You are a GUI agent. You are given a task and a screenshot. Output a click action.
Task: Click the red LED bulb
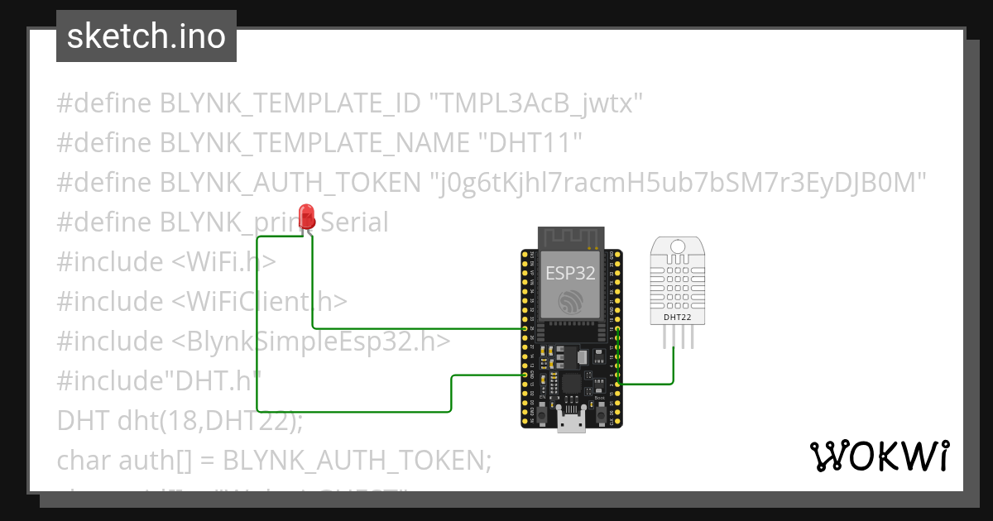coord(307,217)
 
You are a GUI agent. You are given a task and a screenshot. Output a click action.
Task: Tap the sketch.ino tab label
coord(146,36)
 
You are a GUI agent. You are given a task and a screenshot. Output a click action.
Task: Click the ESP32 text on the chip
coord(570,274)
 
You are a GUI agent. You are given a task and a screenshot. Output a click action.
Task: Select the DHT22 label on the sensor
coord(677,316)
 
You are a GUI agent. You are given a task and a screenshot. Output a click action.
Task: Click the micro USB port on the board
coord(570,423)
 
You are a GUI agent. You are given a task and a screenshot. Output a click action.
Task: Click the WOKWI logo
coord(880,456)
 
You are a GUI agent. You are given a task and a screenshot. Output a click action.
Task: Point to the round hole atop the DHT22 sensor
coord(678,246)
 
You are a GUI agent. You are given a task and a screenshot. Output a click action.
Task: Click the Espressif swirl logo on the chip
coord(570,302)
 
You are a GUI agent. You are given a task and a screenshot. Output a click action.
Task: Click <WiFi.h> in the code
coord(223,262)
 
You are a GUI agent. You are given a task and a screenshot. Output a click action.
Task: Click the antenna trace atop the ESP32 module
coord(569,237)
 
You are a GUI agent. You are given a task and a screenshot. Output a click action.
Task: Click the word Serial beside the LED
coord(354,222)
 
